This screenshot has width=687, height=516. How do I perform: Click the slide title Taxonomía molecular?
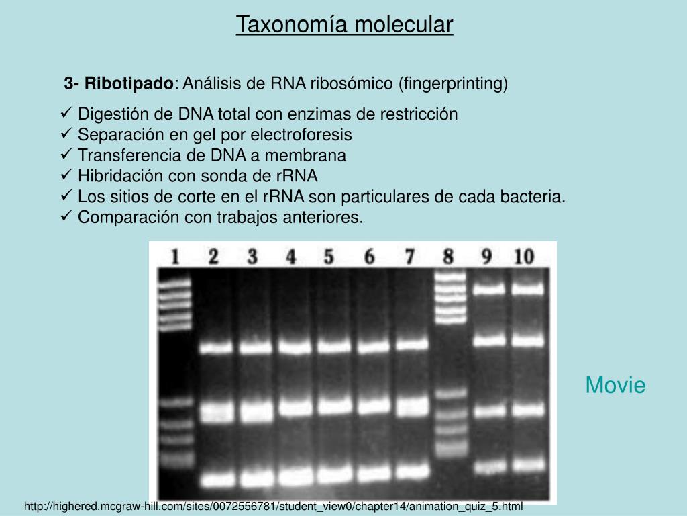344,25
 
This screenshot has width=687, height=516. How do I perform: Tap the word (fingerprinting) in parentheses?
454,83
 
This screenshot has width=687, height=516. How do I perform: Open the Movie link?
615,386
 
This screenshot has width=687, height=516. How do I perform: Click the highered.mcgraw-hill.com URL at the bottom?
273,506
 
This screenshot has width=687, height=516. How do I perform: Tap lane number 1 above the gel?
174,257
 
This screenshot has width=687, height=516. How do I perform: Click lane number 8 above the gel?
448,257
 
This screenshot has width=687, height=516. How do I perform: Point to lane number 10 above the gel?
524,257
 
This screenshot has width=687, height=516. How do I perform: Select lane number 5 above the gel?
329,257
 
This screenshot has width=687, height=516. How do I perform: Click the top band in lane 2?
215,348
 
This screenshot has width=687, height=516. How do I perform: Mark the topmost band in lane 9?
489,290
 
